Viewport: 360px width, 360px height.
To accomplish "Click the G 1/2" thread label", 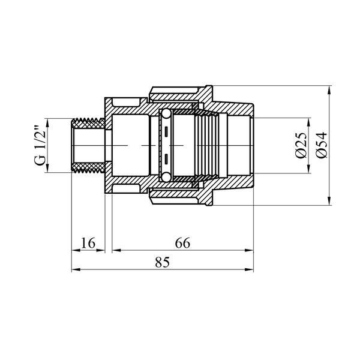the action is [40, 145].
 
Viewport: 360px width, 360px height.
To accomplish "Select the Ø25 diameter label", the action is [301, 145].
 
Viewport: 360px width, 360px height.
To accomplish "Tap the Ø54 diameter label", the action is [321, 145].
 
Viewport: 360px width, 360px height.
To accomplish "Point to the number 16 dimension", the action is [88, 243].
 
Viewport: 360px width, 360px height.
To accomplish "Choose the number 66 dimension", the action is [182, 243].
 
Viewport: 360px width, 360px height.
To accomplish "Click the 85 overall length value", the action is [163, 262].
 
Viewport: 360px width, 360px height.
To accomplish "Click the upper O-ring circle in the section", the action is [166, 114].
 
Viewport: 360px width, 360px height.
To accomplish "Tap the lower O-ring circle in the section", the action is [166, 177].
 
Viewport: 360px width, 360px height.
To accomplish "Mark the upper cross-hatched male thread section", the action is [88, 124].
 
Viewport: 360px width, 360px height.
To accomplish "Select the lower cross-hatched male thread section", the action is [88, 167].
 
